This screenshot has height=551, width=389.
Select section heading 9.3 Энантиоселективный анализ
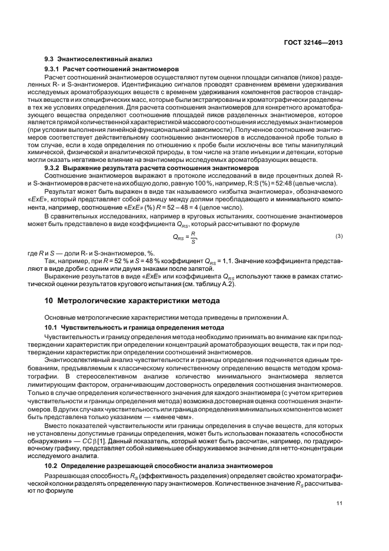(x=98, y=59)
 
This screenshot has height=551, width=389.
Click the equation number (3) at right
(x=339, y=237)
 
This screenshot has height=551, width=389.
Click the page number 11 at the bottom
(x=340, y=503)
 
